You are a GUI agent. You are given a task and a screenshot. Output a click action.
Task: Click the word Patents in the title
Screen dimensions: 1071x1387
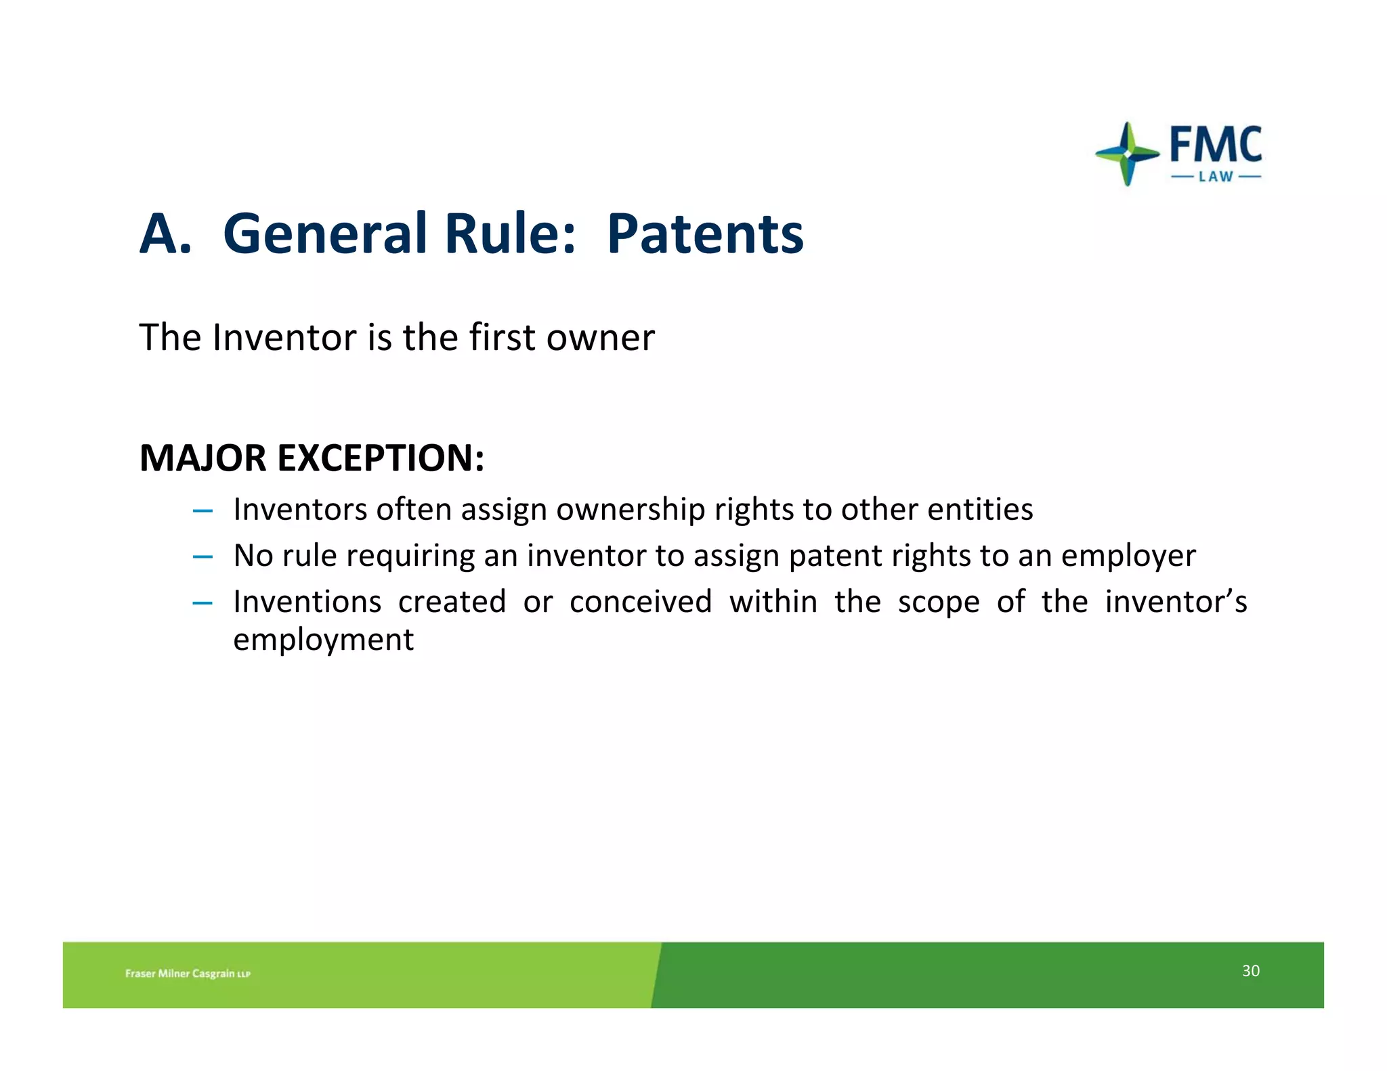[x=704, y=234]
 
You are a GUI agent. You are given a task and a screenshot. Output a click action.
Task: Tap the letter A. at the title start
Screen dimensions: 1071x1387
[x=165, y=234]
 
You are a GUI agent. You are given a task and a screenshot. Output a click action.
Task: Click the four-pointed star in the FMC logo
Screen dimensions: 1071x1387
[x=1127, y=154]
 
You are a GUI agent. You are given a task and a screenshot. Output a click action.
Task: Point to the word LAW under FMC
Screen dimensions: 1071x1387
[x=1216, y=177]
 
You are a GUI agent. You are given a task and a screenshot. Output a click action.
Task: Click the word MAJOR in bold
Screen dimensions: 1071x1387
[x=202, y=458]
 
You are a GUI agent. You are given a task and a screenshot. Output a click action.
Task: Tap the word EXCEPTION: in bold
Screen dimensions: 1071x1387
[x=381, y=458]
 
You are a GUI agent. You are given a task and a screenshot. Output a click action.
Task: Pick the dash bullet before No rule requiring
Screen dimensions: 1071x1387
[x=202, y=557]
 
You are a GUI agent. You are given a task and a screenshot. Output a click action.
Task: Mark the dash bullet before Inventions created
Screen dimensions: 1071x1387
[x=202, y=603]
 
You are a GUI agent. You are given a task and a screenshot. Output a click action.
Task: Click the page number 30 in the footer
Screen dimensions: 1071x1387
[x=1250, y=971]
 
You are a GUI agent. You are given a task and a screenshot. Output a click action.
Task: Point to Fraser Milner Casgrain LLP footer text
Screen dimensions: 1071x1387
[x=188, y=974]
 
